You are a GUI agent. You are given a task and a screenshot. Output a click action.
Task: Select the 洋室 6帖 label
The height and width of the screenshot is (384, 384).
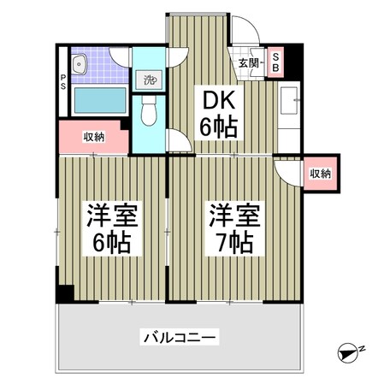(x=109, y=229)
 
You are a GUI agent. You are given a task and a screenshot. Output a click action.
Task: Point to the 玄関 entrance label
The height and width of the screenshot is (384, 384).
(x=248, y=62)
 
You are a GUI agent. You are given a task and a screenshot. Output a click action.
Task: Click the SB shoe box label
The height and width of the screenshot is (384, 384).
(x=275, y=60)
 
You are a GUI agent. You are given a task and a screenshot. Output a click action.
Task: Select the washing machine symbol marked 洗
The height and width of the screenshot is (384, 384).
(x=146, y=80)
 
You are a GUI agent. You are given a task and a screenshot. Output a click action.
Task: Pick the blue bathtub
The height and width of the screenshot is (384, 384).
(x=96, y=102)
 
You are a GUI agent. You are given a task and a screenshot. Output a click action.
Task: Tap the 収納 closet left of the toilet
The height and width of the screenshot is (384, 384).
(x=92, y=136)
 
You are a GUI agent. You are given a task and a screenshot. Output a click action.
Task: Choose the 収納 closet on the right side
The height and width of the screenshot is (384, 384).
(x=320, y=173)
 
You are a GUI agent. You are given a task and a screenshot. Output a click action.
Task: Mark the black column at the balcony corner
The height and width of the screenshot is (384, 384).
(x=64, y=293)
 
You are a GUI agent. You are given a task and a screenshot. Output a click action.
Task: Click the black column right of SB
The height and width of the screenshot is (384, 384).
(x=287, y=60)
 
